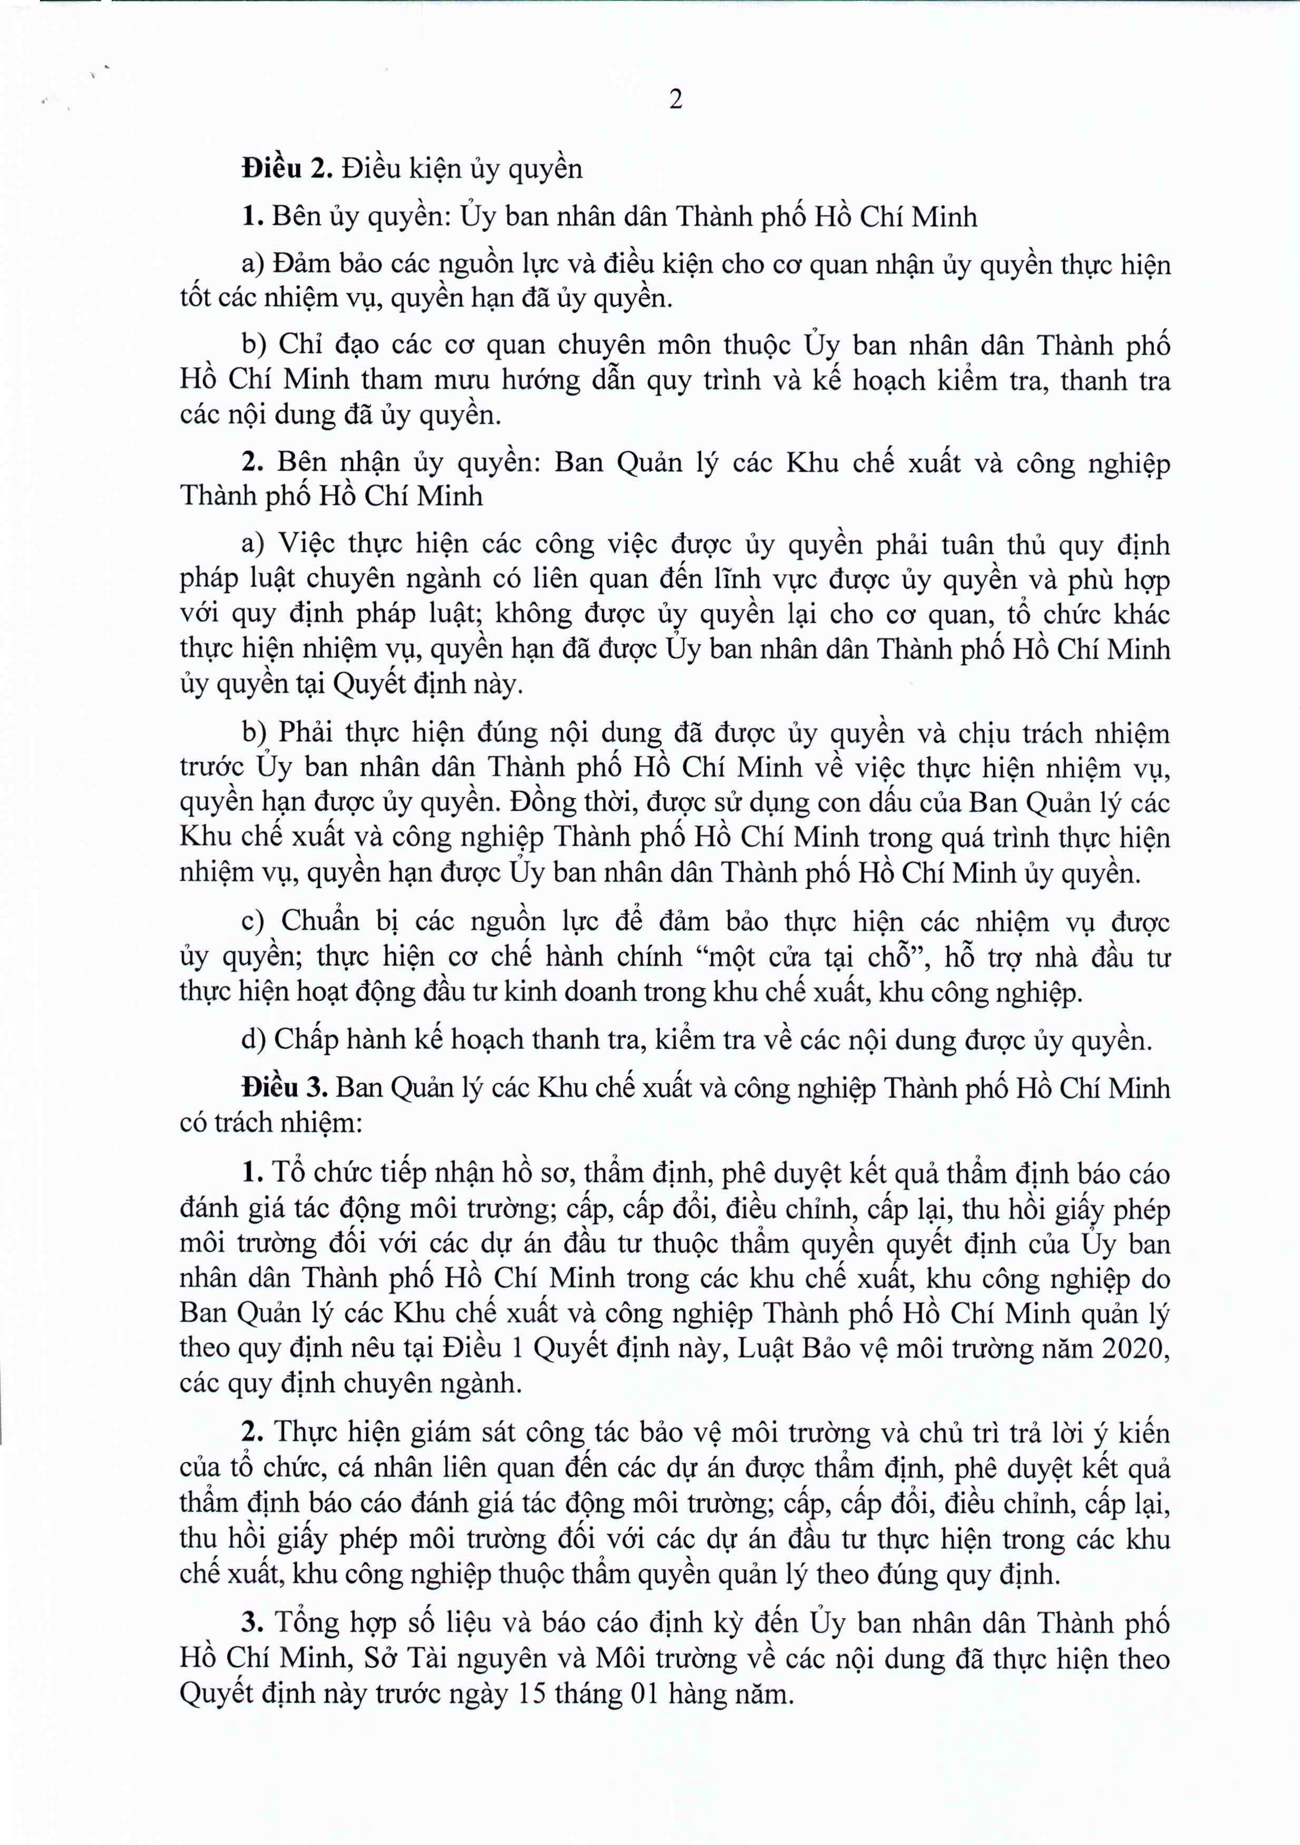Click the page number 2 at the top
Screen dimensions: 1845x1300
pos(676,100)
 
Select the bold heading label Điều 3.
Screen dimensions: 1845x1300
pos(285,1088)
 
